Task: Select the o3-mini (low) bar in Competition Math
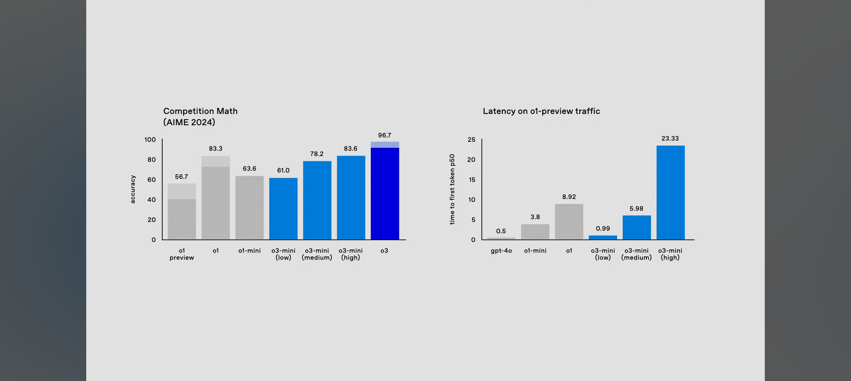(283, 208)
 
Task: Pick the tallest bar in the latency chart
(670, 192)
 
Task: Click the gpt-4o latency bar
(501, 238)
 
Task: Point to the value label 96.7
(385, 135)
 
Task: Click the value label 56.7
(181, 177)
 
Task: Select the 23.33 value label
(670, 139)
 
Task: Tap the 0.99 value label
(603, 229)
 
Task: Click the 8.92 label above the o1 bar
(569, 197)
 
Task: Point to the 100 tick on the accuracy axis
(150, 140)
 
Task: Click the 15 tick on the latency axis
(472, 180)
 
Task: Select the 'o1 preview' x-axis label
(182, 254)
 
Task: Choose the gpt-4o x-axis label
(501, 251)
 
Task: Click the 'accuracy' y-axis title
(133, 189)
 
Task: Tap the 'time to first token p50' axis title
(452, 189)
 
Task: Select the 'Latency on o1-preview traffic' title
(541, 111)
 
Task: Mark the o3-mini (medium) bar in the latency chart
(636, 228)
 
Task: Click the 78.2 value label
(317, 154)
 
